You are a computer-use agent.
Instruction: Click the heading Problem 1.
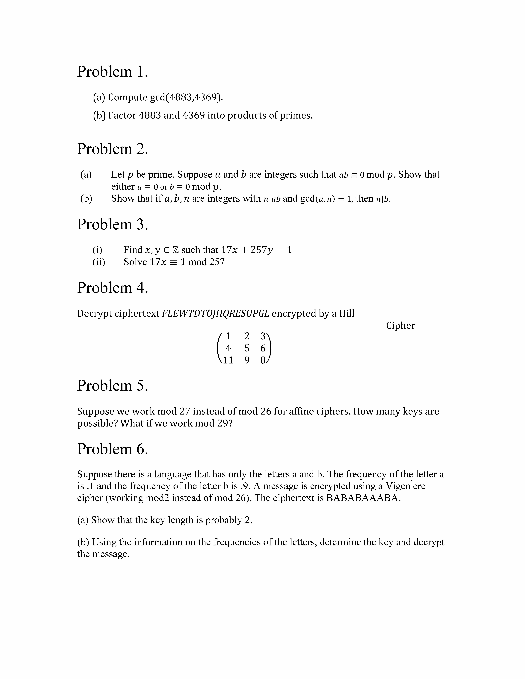[x=113, y=72]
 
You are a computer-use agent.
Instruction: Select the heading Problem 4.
[x=113, y=288]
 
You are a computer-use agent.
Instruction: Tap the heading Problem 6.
[x=113, y=449]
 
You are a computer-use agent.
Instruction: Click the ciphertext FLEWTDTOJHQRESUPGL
[x=216, y=313]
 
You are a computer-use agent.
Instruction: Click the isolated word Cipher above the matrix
[x=400, y=325]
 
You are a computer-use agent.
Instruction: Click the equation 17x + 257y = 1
[x=256, y=250]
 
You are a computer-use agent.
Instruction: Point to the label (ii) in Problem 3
[x=99, y=262]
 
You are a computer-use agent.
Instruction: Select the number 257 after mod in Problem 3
[x=217, y=262]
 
